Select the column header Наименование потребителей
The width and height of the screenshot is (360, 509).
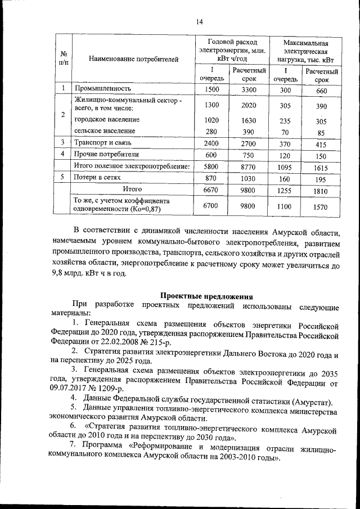click(126, 58)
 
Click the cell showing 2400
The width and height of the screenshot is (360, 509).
click(211, 144)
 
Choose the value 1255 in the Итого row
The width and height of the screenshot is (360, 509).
click(285, 191)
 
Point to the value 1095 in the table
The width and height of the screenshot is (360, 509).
click(285, 168)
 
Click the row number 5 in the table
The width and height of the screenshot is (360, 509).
click(64, 178)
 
